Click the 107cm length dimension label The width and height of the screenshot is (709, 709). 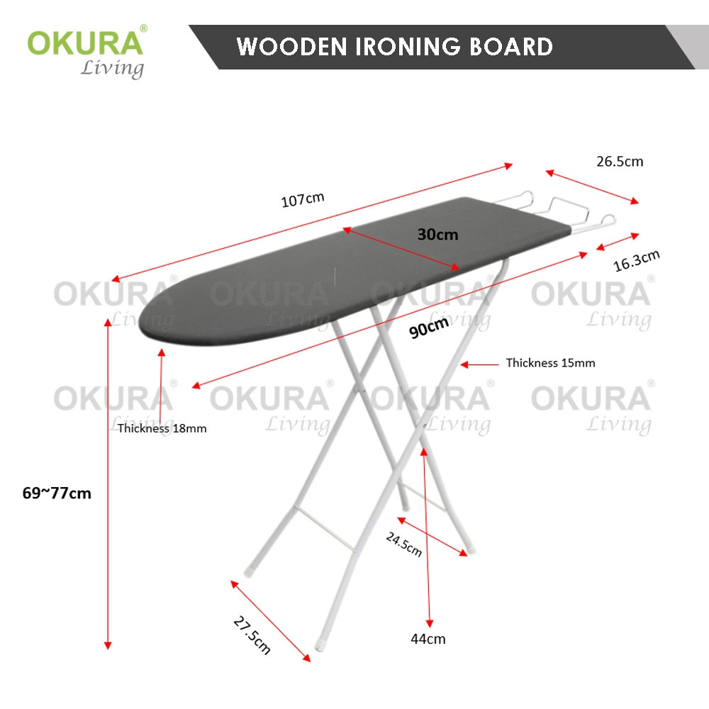coord(303,199)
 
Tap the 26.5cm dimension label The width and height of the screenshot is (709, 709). coord(619,161)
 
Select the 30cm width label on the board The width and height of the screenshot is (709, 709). coord(437,234)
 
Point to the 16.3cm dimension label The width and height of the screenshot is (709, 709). coord(636,260)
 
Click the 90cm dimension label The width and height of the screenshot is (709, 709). coord(430,328)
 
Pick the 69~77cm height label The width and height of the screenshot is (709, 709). coord(57,493)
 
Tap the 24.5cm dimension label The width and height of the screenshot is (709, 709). coord(404,545)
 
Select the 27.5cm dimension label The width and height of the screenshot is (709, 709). coord(252,635)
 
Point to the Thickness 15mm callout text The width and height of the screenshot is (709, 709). coord(550,363)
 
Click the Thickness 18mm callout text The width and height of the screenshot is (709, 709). coord(162,428)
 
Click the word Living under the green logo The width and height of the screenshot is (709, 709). coord(111,69)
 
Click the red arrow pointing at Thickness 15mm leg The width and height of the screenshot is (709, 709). coord(480,364)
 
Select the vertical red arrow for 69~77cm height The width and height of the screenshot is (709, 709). coord(108,482)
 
